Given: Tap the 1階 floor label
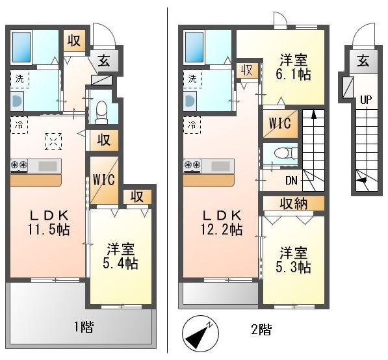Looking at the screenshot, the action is pos(84,327).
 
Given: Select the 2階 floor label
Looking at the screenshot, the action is pos(261,329).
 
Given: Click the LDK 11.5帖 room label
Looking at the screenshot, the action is pos(49,222).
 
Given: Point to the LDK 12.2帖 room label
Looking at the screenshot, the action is pos(222,222).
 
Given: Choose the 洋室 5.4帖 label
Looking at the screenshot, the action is pos(120,256).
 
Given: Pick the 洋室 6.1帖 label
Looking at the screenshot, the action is pos(293,67).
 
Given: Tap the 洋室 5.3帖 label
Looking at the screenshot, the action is pos(293,259).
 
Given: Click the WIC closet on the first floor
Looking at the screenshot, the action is pos(104,180).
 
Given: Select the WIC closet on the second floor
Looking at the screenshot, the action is pos(280,123).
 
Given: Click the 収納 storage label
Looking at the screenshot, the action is pos(294,203).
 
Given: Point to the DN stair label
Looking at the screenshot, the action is pos(291,181).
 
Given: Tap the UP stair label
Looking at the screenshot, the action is pos(366,100).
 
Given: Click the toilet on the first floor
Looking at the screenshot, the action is pos(101,112).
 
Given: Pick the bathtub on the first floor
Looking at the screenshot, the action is pos(21,47).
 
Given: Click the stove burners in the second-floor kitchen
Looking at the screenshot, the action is pos(192,165).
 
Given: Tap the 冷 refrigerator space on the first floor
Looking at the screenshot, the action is pos(19,125).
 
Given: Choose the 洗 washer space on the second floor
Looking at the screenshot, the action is pos(192,79).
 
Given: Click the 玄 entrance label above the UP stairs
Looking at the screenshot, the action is pos(363,61).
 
